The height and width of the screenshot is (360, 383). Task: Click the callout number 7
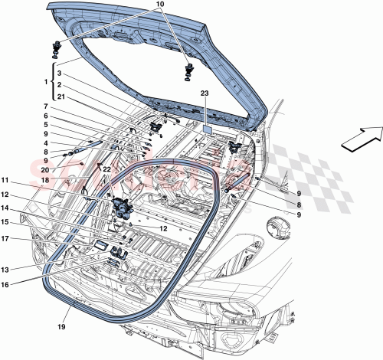coord(47,106)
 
